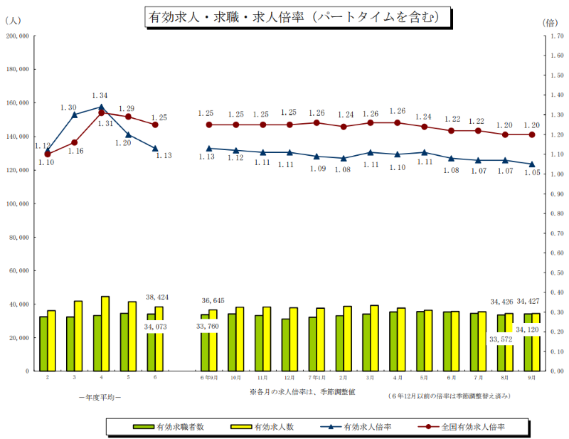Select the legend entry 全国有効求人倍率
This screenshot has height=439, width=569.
click(x=474, y=427)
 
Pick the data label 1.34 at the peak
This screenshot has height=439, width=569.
click(x=100, y=96)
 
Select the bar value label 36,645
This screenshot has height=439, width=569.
click(x=213, y=300)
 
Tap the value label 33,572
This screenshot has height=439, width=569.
click(x=501, y=339)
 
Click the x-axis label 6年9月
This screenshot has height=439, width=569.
click(x=208, y=377)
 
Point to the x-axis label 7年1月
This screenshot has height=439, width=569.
click(x=315, y=377)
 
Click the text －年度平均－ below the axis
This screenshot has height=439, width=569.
click(x=100, y=396)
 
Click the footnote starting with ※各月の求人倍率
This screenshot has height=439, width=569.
click(x=303, y=392)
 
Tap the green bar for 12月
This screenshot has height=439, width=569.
click(x=286, y=344)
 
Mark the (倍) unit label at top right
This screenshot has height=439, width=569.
click(x=551, y=22)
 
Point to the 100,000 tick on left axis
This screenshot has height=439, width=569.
click(x=17, y=203)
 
